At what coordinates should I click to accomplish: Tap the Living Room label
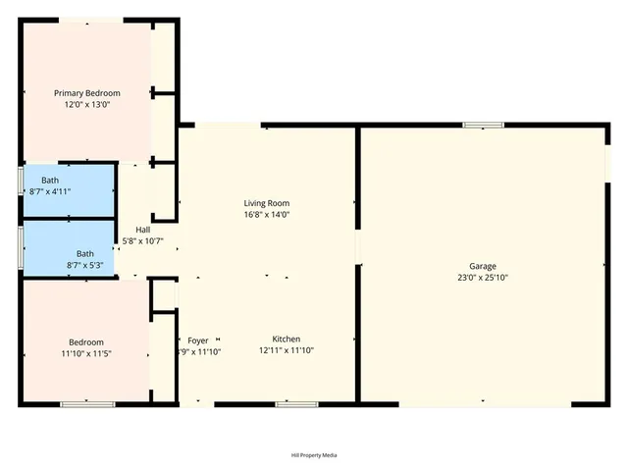tap(267, 203)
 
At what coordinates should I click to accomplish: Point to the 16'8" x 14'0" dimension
tap(267, 214)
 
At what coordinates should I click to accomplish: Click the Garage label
tap(482, 266)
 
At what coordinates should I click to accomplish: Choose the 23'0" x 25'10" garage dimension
tap(482, 277)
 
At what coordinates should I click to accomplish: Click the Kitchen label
tap(287, 340)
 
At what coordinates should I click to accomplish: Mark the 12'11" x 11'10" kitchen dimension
tap(287, 350)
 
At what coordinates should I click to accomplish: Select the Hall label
tap(143, 230)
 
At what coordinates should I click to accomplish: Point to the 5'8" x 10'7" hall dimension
tap(143, 240)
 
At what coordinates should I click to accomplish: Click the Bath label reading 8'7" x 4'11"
tap(50, 181)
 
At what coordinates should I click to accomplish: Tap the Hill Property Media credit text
tap(314, 455)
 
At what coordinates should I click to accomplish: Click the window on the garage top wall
tap(483, 125)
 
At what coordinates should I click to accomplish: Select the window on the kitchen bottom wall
tap(289, 403)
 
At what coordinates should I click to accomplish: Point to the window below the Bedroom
tap(87, 403)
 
